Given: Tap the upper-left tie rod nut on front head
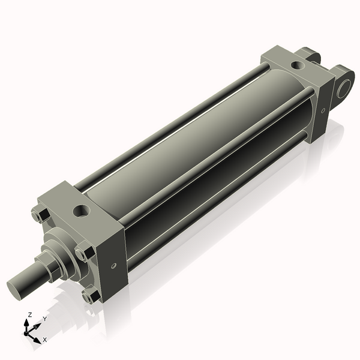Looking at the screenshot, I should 38,215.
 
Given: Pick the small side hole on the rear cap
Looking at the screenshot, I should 323,110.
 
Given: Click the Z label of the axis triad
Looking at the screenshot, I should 30,314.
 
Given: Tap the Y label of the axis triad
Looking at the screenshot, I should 44,319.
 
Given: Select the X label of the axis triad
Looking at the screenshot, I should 44,340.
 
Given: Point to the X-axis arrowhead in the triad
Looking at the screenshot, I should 39,337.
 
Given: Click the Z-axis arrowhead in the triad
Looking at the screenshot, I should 29,322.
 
